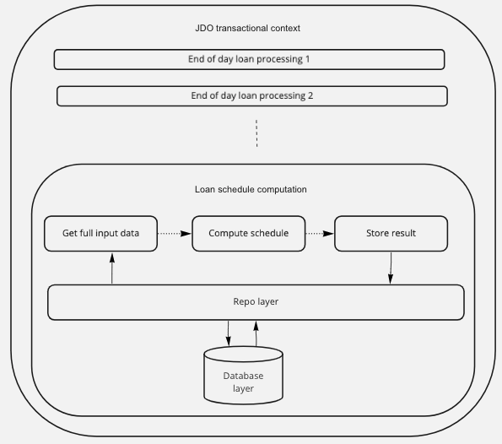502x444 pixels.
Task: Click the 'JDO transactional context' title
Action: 247,28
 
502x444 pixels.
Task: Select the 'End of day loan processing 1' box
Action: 249,59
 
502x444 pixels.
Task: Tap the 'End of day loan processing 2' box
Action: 252,95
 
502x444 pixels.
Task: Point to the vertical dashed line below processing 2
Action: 256,133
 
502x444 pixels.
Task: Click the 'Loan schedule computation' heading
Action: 251,189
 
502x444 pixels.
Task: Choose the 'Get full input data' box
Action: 101,234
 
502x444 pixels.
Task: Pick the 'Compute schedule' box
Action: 248,234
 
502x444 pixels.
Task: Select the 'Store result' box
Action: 391,234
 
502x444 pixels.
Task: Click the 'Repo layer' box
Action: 256,302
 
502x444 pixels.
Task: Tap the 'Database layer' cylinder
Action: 243,376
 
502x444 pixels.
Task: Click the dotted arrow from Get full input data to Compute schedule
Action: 175,234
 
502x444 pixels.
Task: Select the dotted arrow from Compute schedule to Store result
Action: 320,234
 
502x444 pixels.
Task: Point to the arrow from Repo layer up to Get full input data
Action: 112,268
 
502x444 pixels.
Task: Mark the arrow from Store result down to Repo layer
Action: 391,268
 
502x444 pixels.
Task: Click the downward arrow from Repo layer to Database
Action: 229,333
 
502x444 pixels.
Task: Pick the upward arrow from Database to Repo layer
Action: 256,333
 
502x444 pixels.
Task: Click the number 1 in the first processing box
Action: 308,59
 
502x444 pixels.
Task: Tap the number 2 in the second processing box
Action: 310,95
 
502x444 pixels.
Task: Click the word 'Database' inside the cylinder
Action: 243,376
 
